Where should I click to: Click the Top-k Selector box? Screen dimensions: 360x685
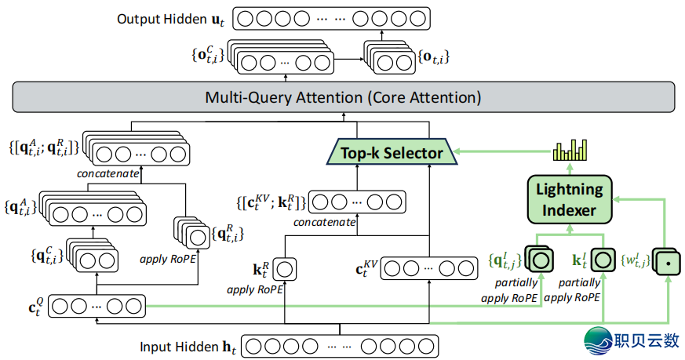(392, 152)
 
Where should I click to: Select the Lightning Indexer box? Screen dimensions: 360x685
(570, 199)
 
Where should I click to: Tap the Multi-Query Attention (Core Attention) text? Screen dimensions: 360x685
(343, 98)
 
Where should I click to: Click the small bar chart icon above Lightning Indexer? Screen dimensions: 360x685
(570, 150)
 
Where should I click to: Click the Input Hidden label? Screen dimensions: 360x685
(188, 346)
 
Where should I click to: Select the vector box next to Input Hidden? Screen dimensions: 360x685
(338, 346)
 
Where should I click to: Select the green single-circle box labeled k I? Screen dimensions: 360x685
(603, 258)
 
